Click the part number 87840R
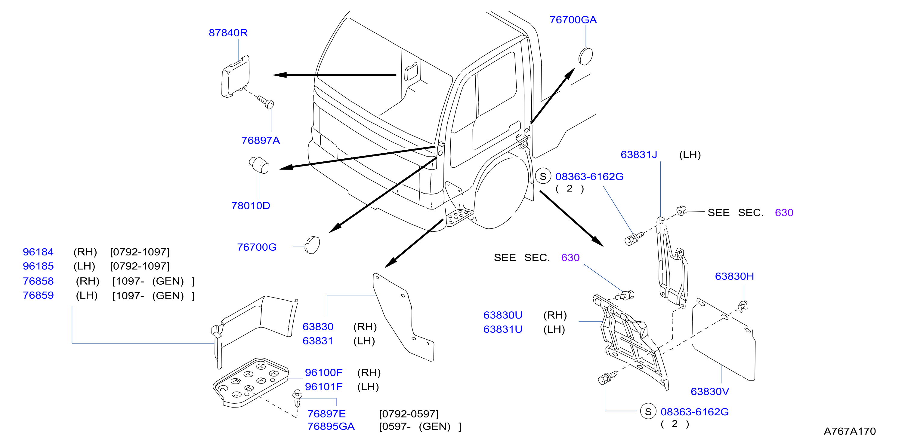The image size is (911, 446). pos(228,33)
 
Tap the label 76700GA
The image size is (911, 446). pos(573,20)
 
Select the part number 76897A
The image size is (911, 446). pos(261,141)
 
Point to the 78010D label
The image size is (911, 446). pos(251,206)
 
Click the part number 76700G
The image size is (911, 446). pos(257,247)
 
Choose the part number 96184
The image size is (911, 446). pos(38,252)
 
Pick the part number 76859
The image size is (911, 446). pos(38,295)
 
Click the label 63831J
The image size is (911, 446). pos(639,155)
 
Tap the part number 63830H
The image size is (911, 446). pos(734,276)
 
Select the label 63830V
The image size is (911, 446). pos(710,392)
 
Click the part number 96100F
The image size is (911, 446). pos(324,372)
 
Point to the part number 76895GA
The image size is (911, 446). pos(331,426)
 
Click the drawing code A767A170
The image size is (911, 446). pos(850,431)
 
